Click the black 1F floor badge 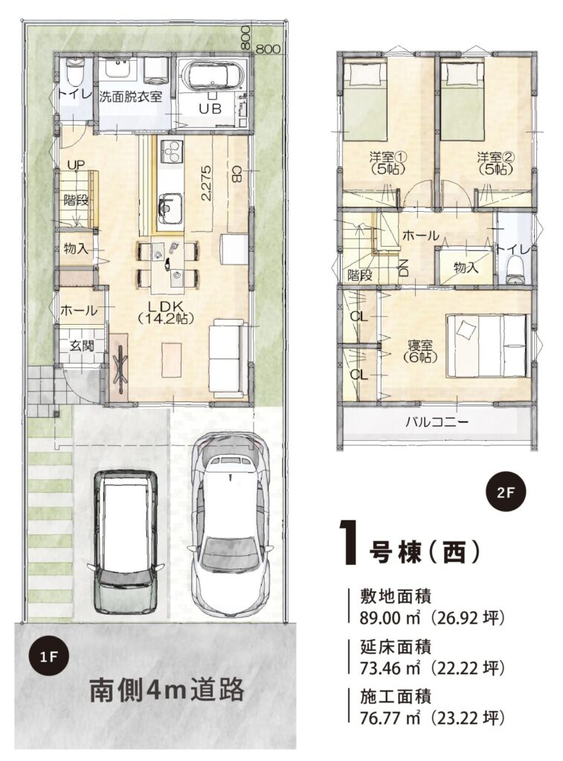pyautogui.click(x=49, y=657)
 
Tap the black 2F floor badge pyautogui.click(x=506, y=493)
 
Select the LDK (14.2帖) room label pyautogui.click(x=166, y=312)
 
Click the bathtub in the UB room pyautogui.click(x=214, y=77)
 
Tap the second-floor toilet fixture pyautogui.click(x=513, y=270)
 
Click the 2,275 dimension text pyautogui.click(x=207, y=184)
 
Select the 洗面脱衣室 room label pyautogui.click(x=131, y=96)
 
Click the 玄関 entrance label pyautogui.click(x=81, y=346)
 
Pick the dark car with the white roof pyautogui.click(x=126, y=542)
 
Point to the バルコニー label pyautogui.click(x=437, y=421)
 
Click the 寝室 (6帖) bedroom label pyautogui.click(x=420, y=351)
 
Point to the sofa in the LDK pyautogui.click(x=226, y=358)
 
